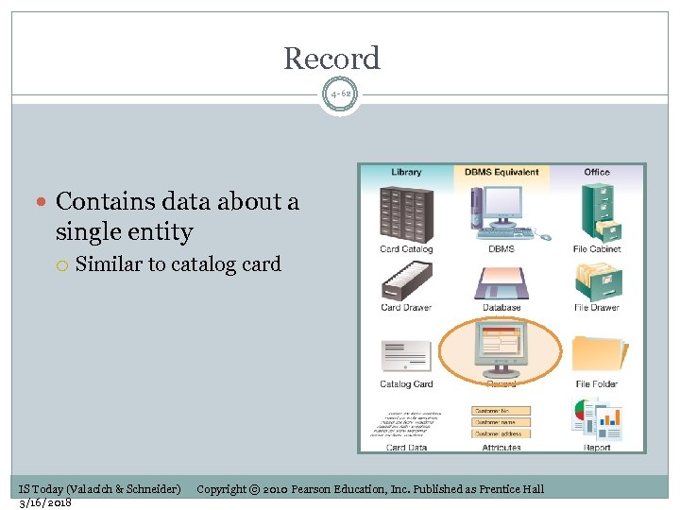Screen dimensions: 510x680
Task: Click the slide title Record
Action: pyautogui.click(x=331, y=59)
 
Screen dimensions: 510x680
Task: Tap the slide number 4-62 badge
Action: pyautogui.click(x=340, y=94)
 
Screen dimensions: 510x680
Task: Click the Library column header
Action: pyautogui.click(x=406, y=172)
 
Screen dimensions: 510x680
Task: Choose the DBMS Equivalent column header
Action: pyautogui.click(x=501, y=172)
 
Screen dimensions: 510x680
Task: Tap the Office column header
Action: pyautogui.click(x=597, y=172)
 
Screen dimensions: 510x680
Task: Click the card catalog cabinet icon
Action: pyautogui.click(x=406, y=213)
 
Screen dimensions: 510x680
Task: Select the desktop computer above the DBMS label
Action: pyautogui.click(x=501, y=213)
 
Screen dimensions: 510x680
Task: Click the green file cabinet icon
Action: pyautogui.click(x=599, y=212)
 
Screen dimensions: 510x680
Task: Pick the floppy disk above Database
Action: pyautogui.click(x=501, y=283)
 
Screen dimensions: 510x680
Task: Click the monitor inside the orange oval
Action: pyautogui.click(x=501, y=348)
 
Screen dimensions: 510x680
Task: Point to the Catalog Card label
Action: pyautogui.click(x=406, y=384)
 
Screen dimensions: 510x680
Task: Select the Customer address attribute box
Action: pyautogui.click(x=501, y=433)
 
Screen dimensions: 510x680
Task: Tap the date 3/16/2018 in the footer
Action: pyautogui.click(x=45, y=501)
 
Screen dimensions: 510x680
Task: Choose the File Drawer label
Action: pyautogui.click(x=597, y=308)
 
